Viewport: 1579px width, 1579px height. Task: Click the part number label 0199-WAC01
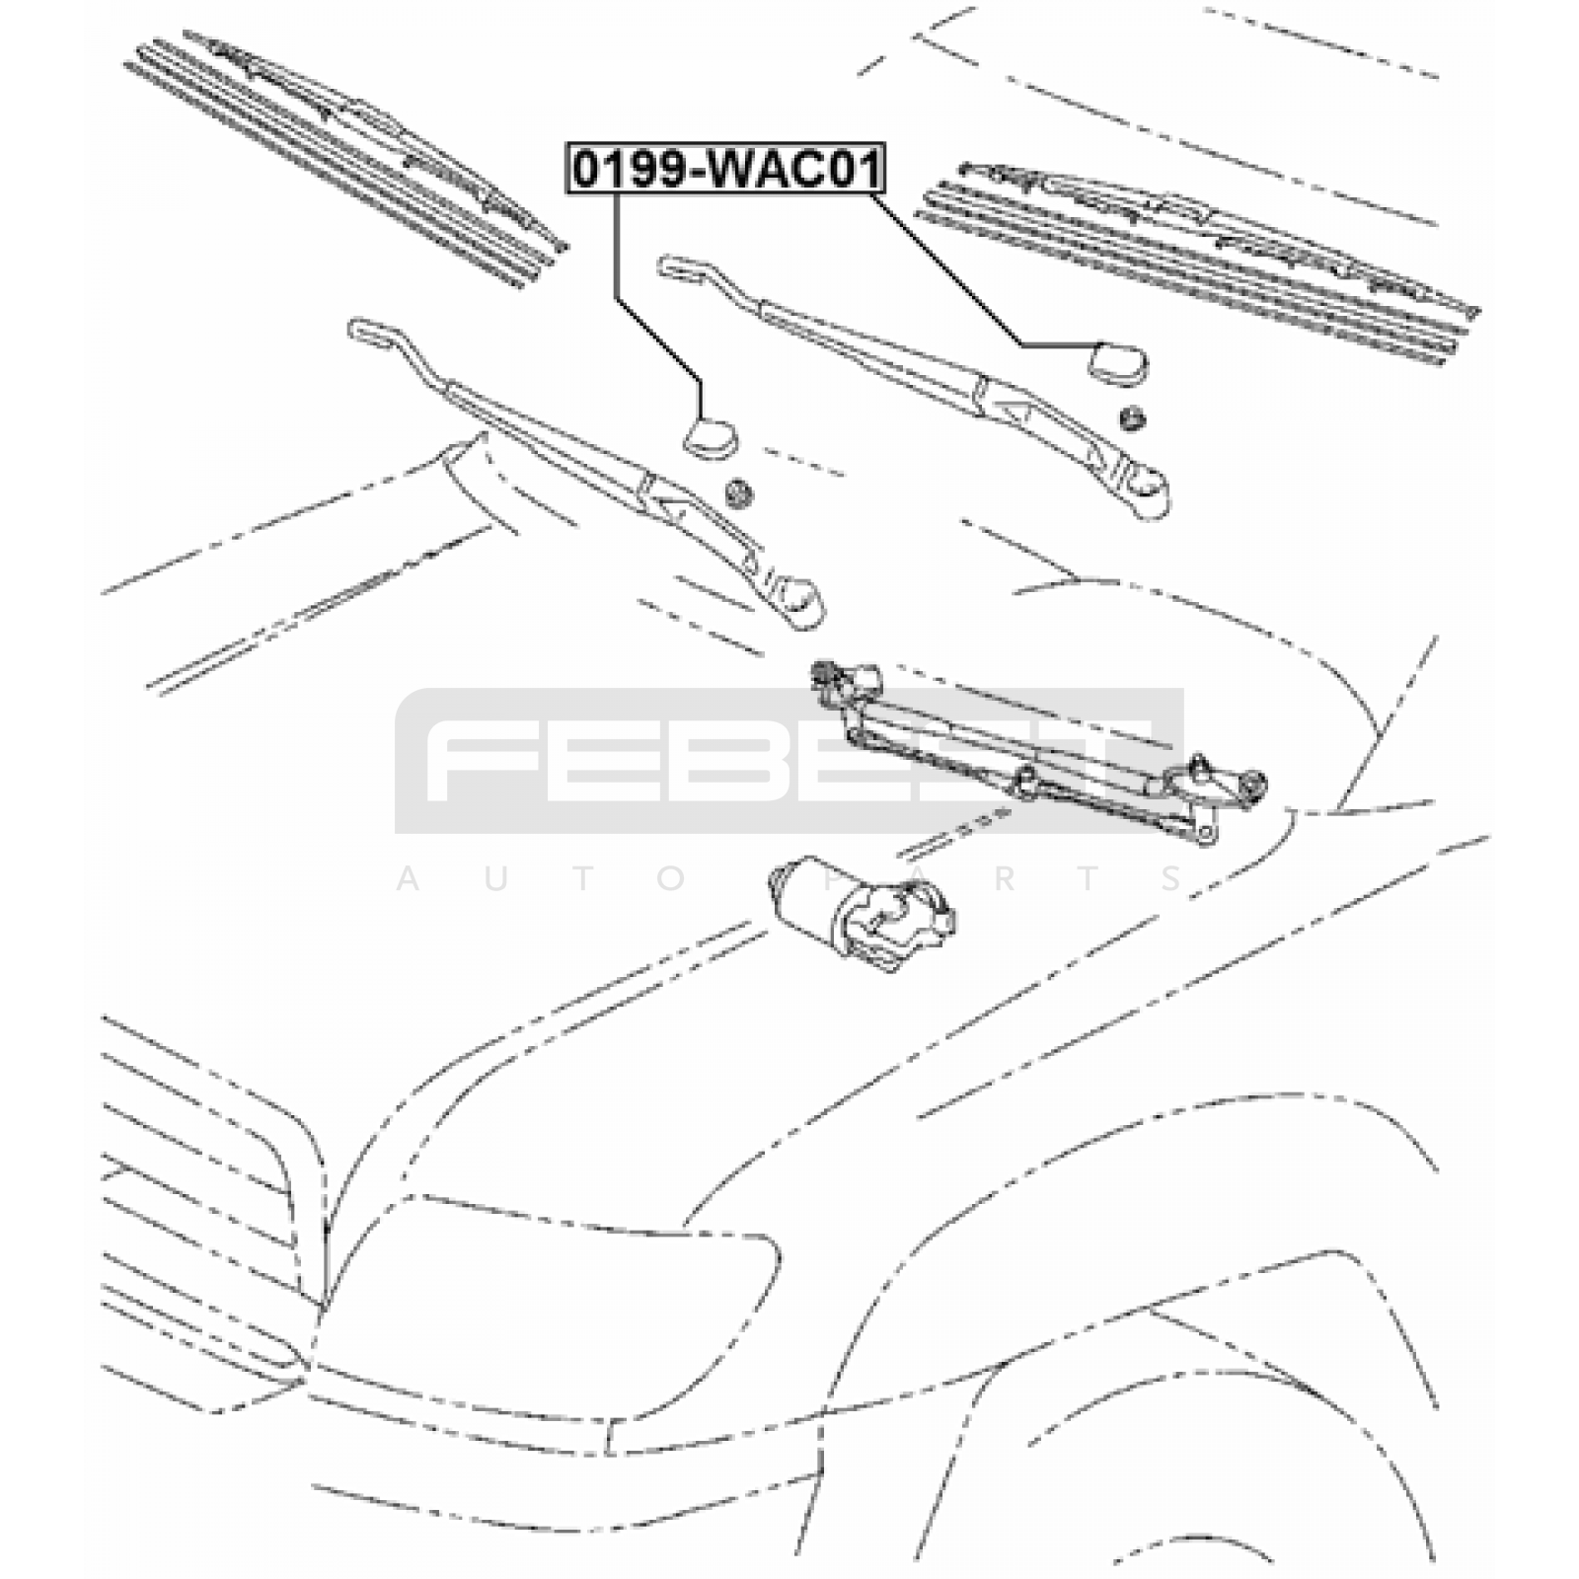[726, 169]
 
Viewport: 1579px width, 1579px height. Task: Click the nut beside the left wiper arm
[736, 490]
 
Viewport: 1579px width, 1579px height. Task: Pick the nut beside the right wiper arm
[1132, 417]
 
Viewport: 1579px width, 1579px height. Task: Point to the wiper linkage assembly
[1026, 760]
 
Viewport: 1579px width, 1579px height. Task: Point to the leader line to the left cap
[641, 316]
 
